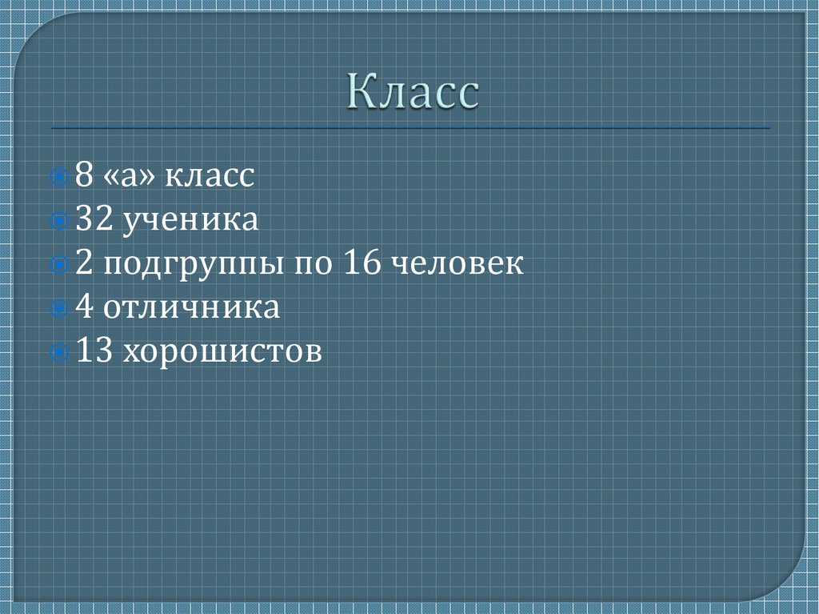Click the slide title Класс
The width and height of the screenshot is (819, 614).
coord(413,94)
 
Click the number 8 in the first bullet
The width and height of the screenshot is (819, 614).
coord(84,175)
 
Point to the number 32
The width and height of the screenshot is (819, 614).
coord(94,219)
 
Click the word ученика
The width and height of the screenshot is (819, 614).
coord(190,221)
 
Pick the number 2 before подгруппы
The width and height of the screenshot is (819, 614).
coord(84,263)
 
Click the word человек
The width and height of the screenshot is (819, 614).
coord(458,264)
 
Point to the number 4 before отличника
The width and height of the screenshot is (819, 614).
coord(84,307)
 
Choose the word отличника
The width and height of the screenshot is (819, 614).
coord(191,308)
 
